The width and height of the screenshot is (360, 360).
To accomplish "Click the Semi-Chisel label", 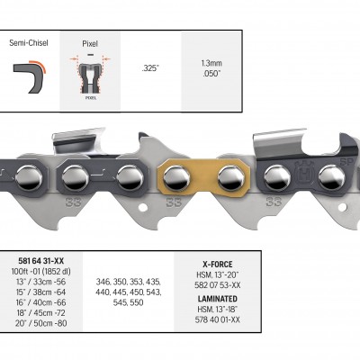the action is coord(29,42).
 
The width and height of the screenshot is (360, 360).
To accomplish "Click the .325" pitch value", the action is coord(149,68).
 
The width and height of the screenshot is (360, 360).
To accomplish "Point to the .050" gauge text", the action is coord(211,74).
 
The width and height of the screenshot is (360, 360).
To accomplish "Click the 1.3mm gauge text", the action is coord(211,63).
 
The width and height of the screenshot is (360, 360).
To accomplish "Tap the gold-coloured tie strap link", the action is coord(203,177).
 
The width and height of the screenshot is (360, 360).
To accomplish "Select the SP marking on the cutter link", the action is coord(347,162).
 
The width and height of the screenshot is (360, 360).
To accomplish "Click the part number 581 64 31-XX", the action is coord(41,261).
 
